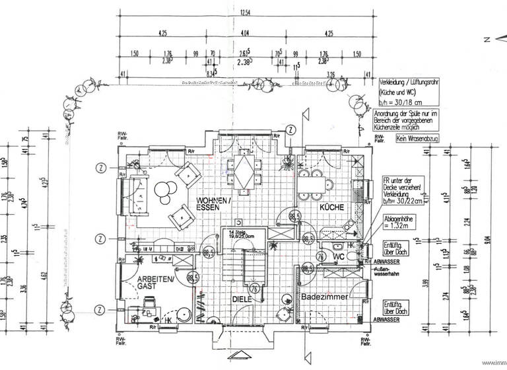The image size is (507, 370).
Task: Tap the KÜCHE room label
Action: (332, 207)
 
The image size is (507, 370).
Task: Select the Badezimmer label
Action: (324, 297)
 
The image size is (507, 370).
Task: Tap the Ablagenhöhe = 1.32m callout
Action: (401, 223)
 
